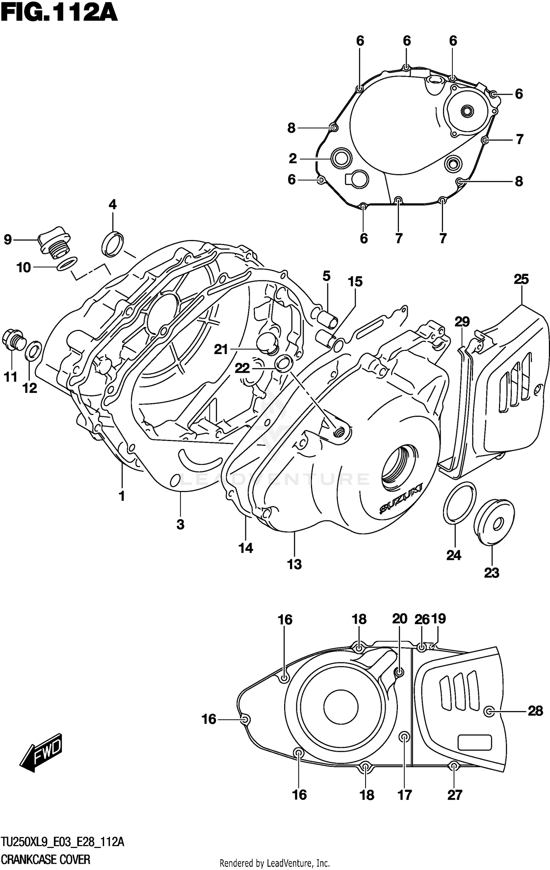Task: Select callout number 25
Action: coord(521,279)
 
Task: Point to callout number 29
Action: coord(462,322)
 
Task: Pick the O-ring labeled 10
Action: coord(67,263)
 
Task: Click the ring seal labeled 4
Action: coord(112,244)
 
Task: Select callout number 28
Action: coord(535,711)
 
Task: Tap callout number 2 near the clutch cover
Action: coord(293,159)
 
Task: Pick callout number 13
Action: coord(294,564)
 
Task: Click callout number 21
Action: coord(221,349)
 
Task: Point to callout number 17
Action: coord(404,795)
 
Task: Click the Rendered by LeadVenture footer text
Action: coord(275,863)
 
